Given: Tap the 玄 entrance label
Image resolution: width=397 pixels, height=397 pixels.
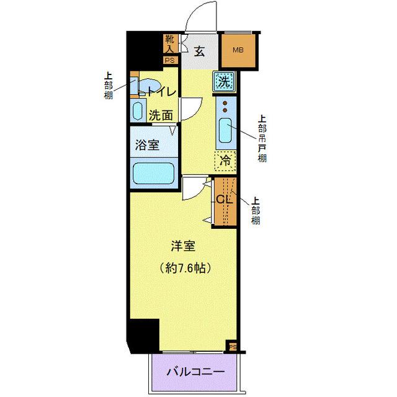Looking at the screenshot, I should click(200, 51).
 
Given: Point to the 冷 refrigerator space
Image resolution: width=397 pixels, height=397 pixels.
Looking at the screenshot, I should click(226, 160).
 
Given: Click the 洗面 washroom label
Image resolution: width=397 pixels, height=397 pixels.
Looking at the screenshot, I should click(160, 115).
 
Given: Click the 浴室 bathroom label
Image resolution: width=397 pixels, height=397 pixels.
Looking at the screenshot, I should click(148, 145).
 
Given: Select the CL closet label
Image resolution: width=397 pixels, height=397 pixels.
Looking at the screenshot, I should click(223, 200).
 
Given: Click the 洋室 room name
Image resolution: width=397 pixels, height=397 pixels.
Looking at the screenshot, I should click(184, 246).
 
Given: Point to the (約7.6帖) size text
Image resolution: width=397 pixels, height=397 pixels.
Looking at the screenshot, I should click(184, 268).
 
